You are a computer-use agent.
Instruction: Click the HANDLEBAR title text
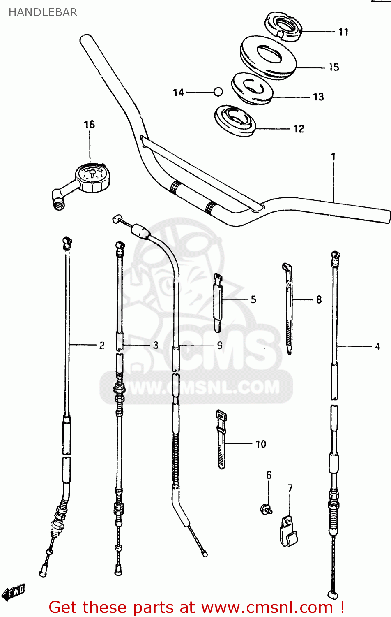click(x=43, y=12)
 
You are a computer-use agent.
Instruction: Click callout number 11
click(x=343, y=32)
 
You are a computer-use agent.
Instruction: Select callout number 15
click(x=334, y=67)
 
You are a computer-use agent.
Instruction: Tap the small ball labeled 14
click(x=218, y=92)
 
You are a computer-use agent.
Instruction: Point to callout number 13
click(x=318, y=97)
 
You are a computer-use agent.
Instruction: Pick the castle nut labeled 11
click(x=283, y=26)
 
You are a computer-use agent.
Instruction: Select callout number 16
click(x=89, y=125)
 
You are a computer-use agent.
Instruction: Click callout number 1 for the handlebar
click(x=333, y=157)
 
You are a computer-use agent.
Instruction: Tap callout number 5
click(x=253, y=299)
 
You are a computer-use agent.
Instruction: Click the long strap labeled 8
click(x=289, y=308)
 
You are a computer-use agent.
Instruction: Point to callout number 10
click(x=261, y=444)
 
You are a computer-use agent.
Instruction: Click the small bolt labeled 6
click(x=266, y=509)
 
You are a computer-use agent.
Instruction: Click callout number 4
click(x=377, y=346)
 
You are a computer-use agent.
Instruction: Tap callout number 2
click(x=102, y=346)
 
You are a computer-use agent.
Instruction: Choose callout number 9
click(x=220, y=346)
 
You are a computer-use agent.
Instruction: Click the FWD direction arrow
click(x=14, y=593)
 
